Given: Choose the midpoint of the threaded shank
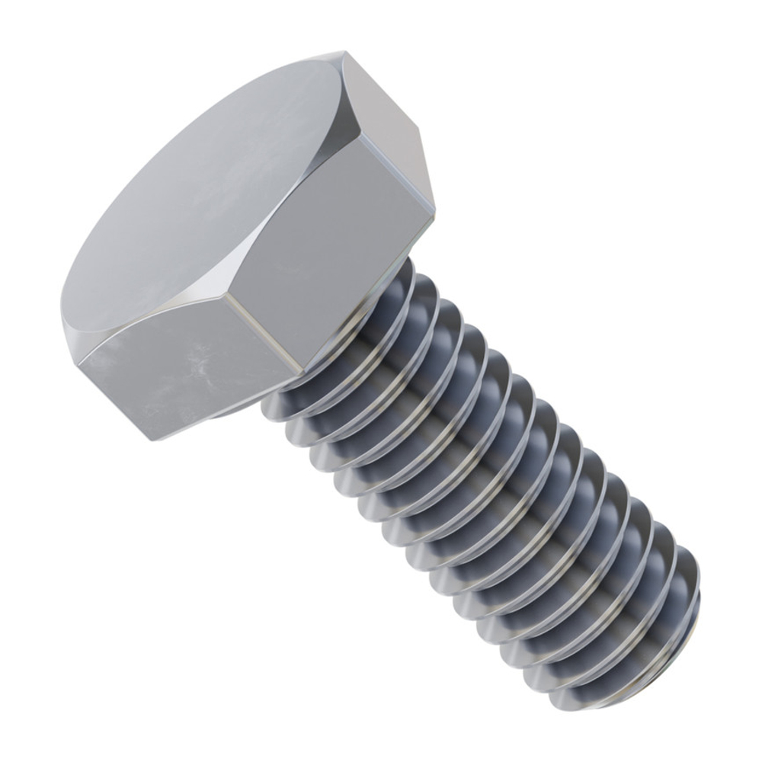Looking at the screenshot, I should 495,488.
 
